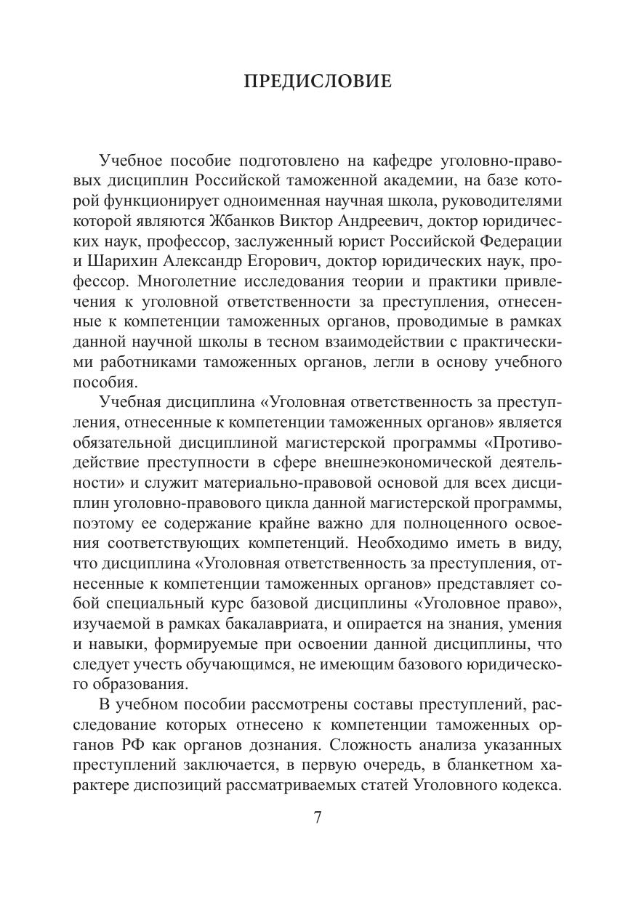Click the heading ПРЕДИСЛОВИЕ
(x=318, y=81)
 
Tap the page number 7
(x=318, y=816)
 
